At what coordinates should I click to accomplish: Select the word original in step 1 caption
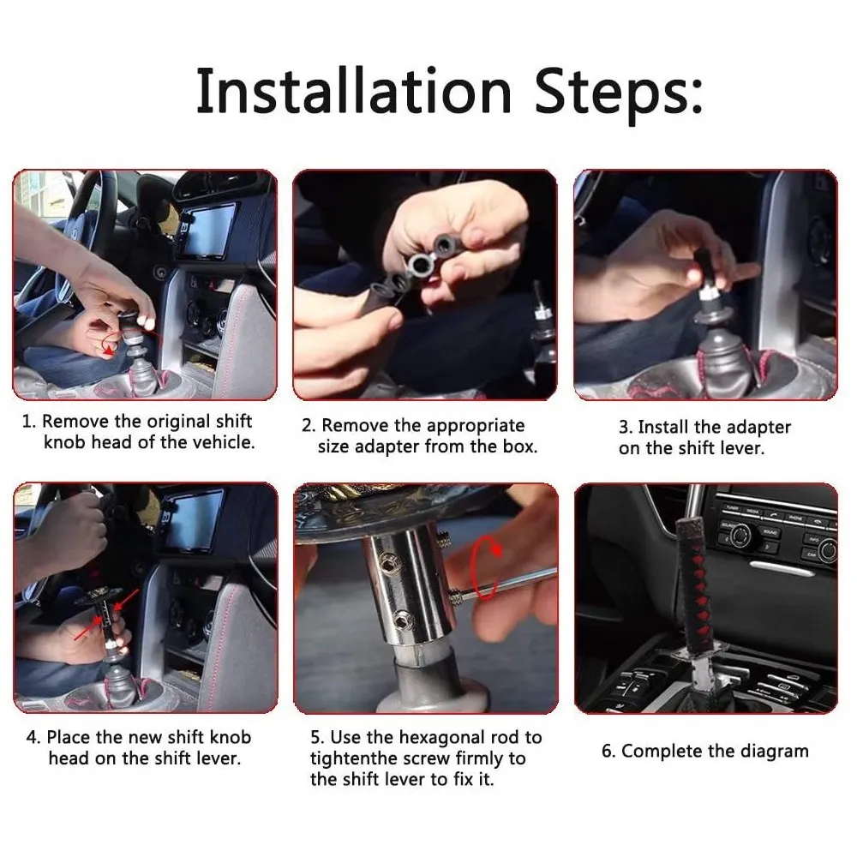(x=178, y=422)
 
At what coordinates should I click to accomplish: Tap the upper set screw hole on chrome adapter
(x=390, y=559)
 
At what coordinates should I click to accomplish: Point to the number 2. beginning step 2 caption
(x=309, y=426)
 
